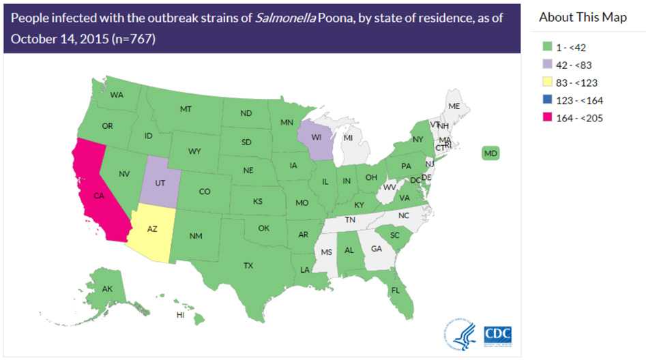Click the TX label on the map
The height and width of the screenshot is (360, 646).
click(x=248, y=265)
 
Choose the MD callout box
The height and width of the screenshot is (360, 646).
click(x=490, y=153)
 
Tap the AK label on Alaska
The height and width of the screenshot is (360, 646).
click(x=107, y=288)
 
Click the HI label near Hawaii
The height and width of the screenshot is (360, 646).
click(x=181, y=315)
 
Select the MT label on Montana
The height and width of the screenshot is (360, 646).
click(x=186, y=109)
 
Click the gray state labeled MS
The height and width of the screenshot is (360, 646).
click(x=327, y=252)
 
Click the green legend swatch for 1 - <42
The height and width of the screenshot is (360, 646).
click(x=545, y=48)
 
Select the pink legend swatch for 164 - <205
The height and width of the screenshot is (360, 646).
click(x=545, y=118)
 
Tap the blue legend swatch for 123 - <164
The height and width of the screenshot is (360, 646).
click(x=545, y=100)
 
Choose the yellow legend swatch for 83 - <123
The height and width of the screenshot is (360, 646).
click(x=545, y=82)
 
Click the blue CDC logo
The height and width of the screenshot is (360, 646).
click(x=497, y=334)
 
